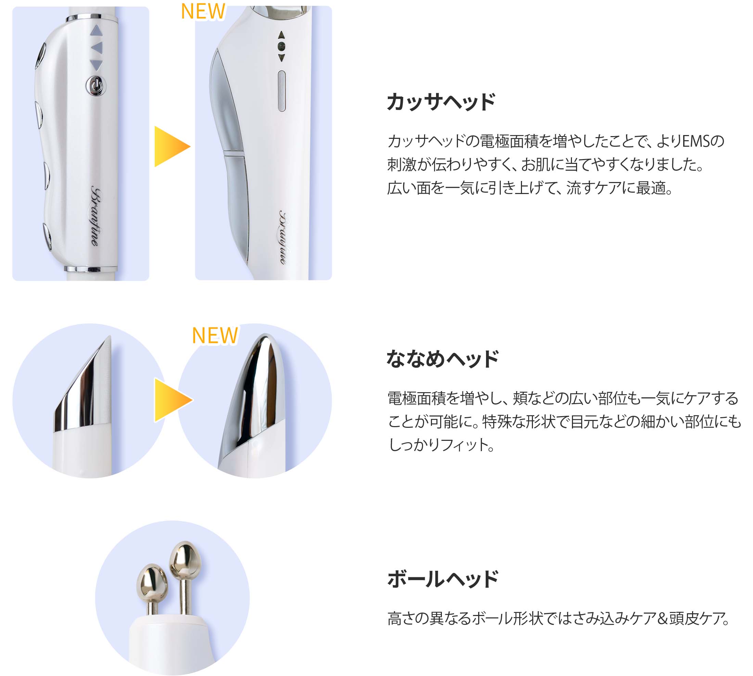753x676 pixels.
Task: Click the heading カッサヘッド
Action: click(441, 102)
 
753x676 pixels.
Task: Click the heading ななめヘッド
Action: click(442, 359)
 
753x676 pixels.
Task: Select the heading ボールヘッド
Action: click(443, 579)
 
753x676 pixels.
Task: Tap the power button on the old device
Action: click(96, 86)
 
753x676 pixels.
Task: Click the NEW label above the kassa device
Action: click(203, 12)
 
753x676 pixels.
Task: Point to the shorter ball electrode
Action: click(152, 582)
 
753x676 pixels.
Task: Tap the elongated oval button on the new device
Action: click(282, 91)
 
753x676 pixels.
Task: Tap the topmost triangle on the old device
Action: click(96, 31)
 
